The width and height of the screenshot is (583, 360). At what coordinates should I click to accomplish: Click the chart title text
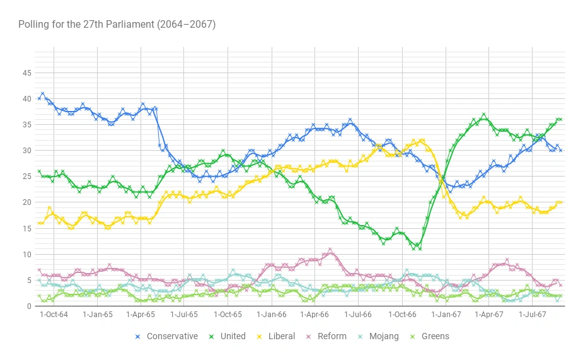coord(117,25)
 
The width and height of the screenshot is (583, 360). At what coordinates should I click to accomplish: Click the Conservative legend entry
coord(172,336)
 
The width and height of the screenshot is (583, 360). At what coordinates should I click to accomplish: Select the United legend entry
coord(233,336)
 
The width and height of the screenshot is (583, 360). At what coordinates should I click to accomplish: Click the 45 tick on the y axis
coord(26,73)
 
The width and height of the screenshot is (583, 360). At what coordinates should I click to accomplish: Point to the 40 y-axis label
coord(26,99)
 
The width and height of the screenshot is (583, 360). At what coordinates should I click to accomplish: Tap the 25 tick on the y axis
coord(26,177)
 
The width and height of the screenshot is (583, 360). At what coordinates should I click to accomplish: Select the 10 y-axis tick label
coord(26,254)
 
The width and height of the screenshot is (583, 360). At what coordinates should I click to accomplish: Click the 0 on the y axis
coord(29,306)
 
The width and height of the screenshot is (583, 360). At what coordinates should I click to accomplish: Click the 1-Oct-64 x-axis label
coord(54,314)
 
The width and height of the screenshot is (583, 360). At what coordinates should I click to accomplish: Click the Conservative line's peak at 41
coord(43,94)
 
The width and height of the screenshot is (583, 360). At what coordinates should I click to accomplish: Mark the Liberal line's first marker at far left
coord(39,223)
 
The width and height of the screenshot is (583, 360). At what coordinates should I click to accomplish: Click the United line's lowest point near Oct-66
coord(420,248)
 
